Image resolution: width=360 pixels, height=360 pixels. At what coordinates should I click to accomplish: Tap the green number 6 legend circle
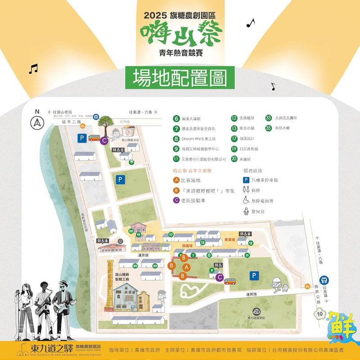click(176, 119)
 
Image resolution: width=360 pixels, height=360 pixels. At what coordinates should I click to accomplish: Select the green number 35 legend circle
click(268, 128)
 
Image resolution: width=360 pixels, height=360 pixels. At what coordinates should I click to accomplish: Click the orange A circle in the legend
click(176, 180)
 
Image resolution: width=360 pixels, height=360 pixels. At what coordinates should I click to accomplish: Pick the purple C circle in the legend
click(176, 201)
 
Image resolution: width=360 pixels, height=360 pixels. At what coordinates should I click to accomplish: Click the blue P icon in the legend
click(246, 180)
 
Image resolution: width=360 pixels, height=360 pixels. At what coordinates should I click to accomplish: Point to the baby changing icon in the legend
click(246, 211)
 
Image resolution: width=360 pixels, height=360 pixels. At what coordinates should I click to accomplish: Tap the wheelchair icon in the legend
click(246, 201)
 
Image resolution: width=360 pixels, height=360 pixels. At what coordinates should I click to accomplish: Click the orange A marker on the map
click(187, 267)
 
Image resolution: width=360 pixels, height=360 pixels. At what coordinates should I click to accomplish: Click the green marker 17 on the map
click(171, 234)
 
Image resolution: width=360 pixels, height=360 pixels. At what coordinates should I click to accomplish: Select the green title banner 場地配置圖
click(180, 78)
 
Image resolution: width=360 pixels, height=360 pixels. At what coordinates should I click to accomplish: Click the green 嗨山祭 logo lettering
click(180, 35)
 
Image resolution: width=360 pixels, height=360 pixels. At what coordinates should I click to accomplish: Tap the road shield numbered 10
click(320, 313)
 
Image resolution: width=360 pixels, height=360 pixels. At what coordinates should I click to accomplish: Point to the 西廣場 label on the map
click(188, 246)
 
